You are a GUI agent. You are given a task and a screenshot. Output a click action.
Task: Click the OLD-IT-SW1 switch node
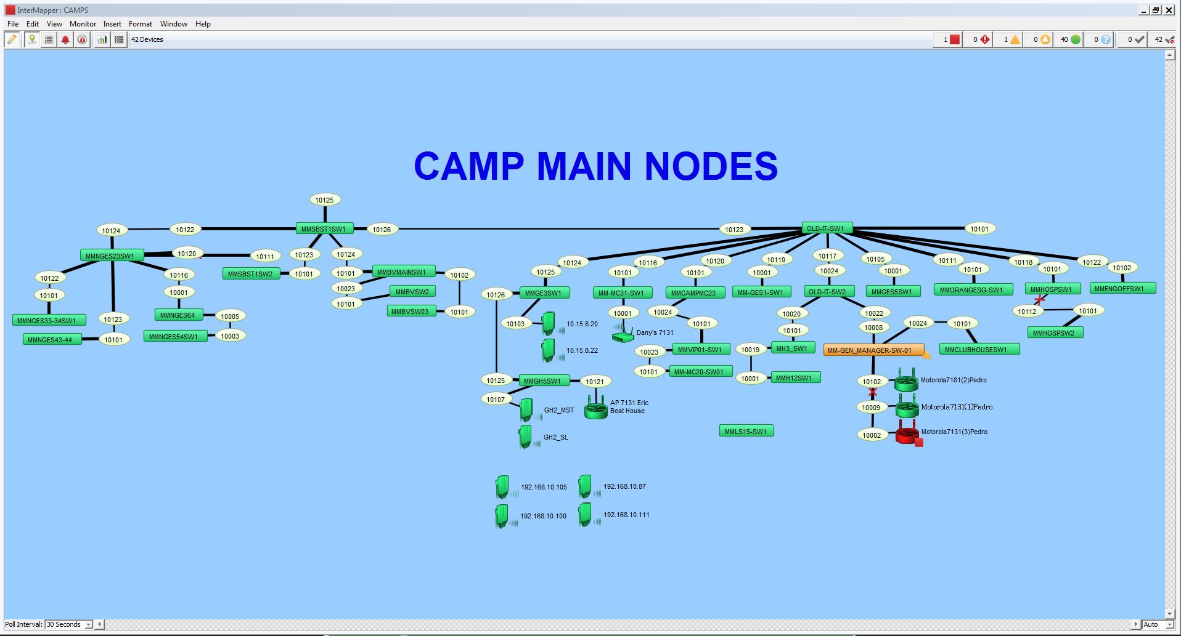coord(826,228)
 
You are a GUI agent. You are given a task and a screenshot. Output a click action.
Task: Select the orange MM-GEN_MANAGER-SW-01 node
coord(873,350)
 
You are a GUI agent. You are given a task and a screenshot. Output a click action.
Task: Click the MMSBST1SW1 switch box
coord(324,229)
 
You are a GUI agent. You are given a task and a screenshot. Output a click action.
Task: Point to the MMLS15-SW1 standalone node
coord(746,432)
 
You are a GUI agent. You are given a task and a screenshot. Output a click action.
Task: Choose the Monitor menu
coord(83,24)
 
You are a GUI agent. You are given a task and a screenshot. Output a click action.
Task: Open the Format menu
coord(140,24)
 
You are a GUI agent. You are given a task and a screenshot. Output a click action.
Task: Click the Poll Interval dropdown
coord(68,624)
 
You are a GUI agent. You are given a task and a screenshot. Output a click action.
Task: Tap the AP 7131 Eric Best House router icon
coord(595,408)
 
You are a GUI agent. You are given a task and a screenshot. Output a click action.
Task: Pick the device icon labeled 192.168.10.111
coord(585,515)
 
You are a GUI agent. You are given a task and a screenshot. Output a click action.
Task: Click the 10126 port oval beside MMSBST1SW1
coord(382,230)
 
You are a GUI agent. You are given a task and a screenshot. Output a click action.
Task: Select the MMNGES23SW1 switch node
coord(110,256)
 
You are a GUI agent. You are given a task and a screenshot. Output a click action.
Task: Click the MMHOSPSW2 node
coord(1053,333)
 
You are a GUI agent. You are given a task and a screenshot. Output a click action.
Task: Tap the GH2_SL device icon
coord(525,437)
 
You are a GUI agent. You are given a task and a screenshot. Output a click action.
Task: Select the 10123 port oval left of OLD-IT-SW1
coord(734,230)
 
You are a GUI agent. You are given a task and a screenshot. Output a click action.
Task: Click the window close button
coord(1169,10)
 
